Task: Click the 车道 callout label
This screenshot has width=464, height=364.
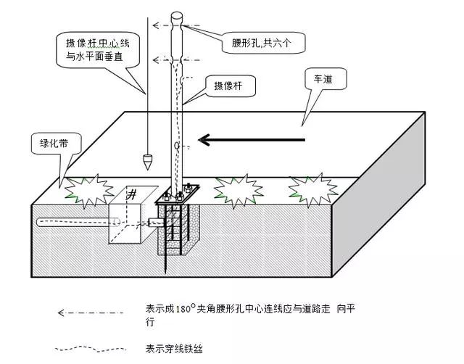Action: tap(323, 79)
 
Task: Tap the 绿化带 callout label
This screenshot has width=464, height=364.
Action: tap(54, 144)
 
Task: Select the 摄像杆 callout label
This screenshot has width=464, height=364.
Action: tap(228, 86)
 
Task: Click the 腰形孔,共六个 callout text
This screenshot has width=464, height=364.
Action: tap(261, 44)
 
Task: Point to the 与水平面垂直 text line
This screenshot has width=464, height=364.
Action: tap(94, 57)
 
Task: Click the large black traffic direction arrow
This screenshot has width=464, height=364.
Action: tap(252, 140)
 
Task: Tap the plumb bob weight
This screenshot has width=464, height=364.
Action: tap(147, 162)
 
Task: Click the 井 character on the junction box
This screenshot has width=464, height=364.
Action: tap(132, 195)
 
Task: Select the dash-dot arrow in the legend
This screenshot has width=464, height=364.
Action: tap(90, 313)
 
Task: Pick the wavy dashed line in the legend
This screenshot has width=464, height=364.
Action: tap(90, 349)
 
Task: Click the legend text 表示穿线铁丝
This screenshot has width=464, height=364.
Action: tap(174, 349)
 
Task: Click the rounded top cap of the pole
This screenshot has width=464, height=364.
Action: tap(177, 15)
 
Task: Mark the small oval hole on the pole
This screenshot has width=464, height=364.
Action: tap(177, 145)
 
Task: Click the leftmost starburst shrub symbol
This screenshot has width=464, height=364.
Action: tap(89, 191)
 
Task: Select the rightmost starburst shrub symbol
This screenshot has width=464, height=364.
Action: tap(313, 190)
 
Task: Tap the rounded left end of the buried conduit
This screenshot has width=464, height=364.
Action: tap(40, 222)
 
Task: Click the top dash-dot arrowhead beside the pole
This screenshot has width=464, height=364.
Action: tap(155, 25)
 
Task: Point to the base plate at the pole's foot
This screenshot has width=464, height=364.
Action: tap(177, 194)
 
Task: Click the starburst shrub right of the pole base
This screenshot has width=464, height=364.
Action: tap(239, 191)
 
